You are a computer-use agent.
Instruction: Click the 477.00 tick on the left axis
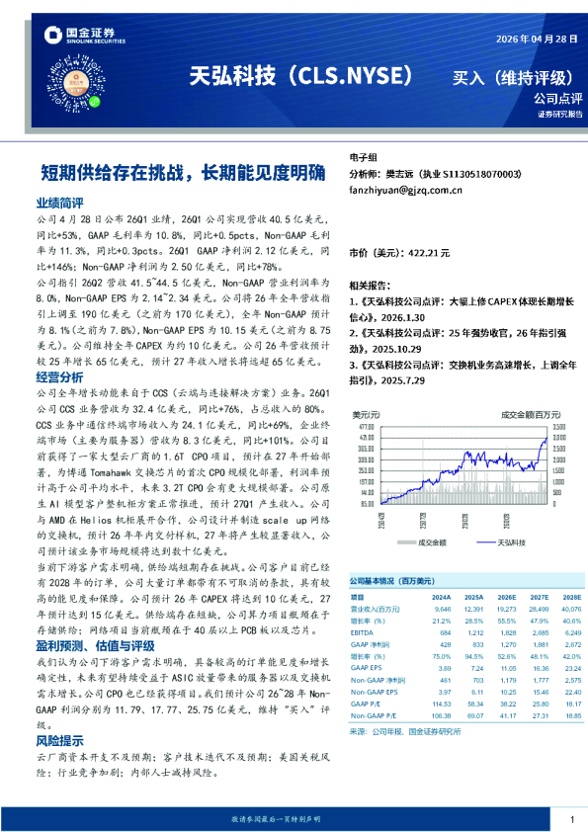(365, 426)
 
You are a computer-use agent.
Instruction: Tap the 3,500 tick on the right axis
(559, 426)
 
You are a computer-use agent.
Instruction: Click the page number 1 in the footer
(571, 819)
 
